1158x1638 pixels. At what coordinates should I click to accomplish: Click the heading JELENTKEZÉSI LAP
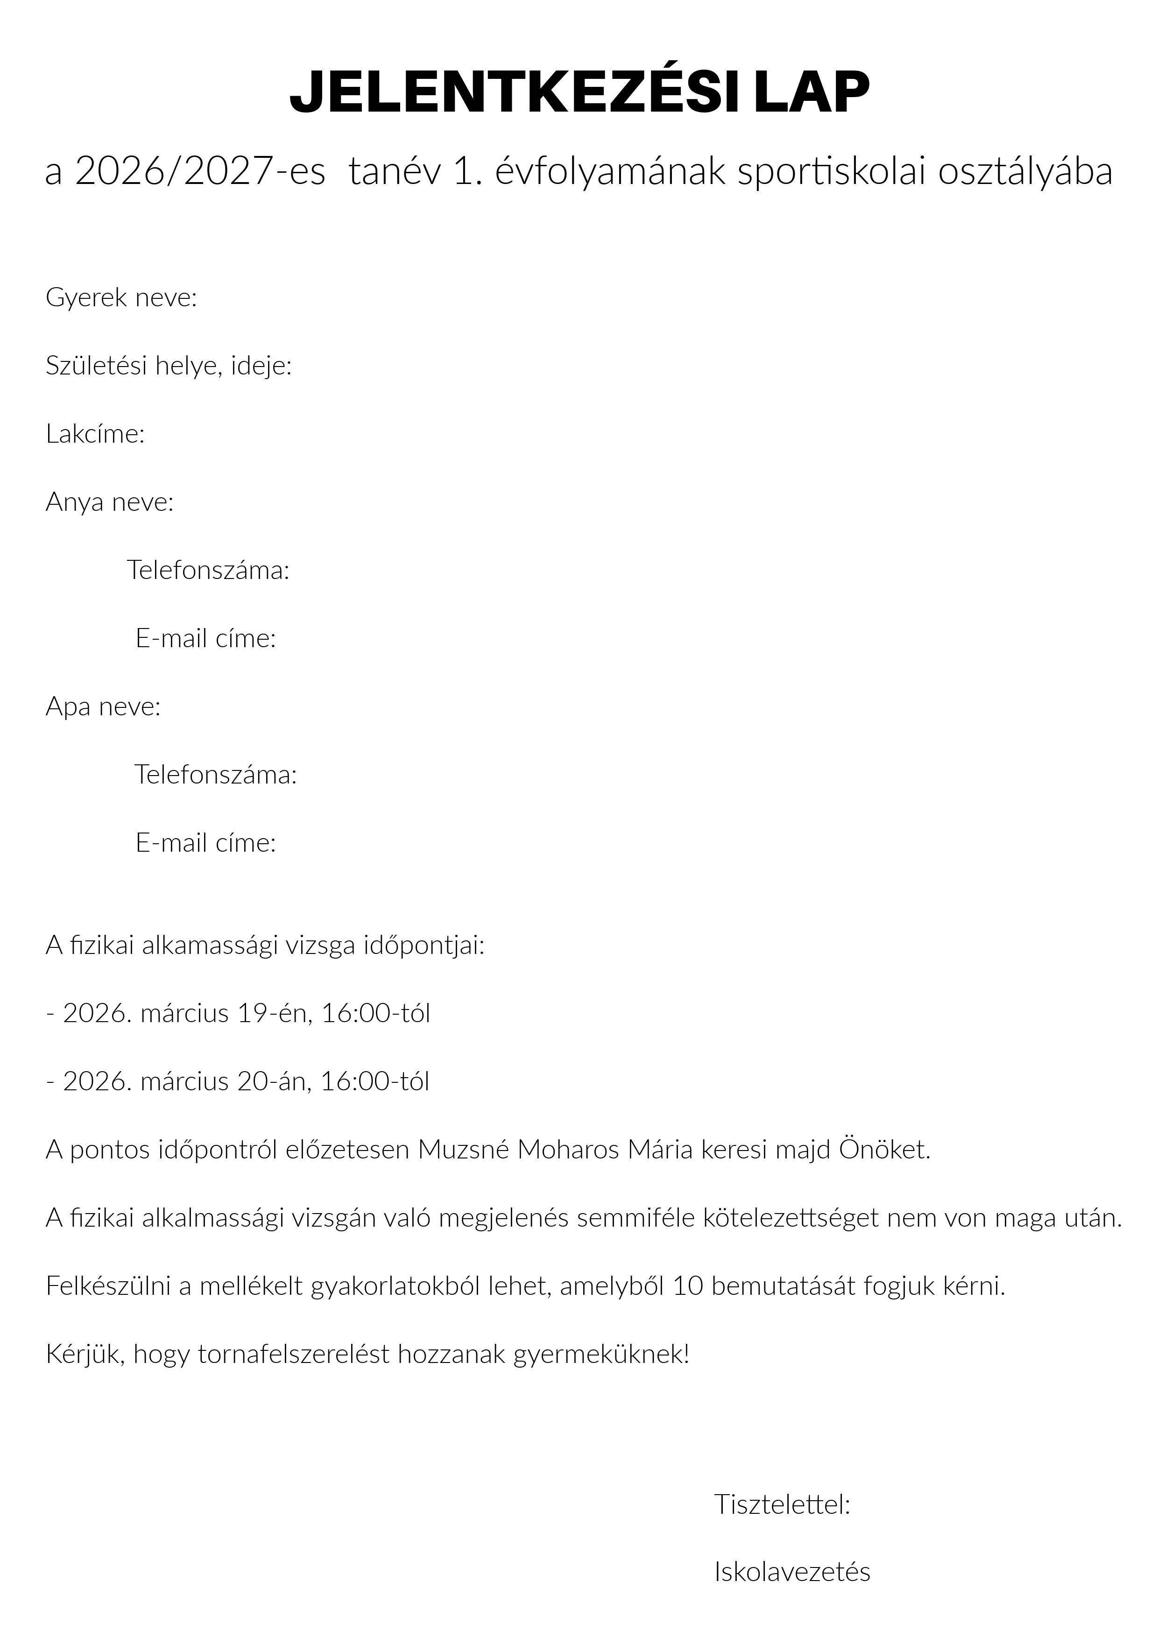coord(579,92)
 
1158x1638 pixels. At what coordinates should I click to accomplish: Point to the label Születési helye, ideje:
coord(169,366)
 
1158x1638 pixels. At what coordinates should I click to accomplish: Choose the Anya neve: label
coord(110,502)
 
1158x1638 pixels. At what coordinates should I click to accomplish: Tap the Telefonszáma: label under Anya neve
coord(208,570)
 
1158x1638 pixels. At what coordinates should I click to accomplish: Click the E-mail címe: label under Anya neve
coord(205,638)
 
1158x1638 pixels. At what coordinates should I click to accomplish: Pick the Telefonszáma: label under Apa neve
coord(215,775)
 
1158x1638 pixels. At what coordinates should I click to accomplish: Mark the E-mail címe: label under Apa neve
coord(205,843)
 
